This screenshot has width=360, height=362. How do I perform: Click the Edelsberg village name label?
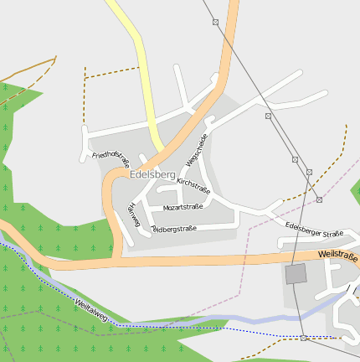152,174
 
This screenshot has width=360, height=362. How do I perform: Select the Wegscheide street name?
197,147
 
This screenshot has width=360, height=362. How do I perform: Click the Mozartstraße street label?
183,206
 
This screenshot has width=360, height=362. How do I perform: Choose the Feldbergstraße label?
173,228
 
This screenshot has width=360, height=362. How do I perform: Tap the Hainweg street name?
132,215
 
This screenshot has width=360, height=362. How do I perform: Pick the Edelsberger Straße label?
314,230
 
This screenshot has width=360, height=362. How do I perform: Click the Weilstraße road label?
338,256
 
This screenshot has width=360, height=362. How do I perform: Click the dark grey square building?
296,274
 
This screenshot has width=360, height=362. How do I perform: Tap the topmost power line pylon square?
215,22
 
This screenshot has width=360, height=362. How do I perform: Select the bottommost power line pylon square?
303,337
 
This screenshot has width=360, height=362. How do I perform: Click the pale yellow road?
138,59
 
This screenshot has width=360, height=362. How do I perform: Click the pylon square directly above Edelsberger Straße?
319,199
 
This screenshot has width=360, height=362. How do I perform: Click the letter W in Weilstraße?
322,253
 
